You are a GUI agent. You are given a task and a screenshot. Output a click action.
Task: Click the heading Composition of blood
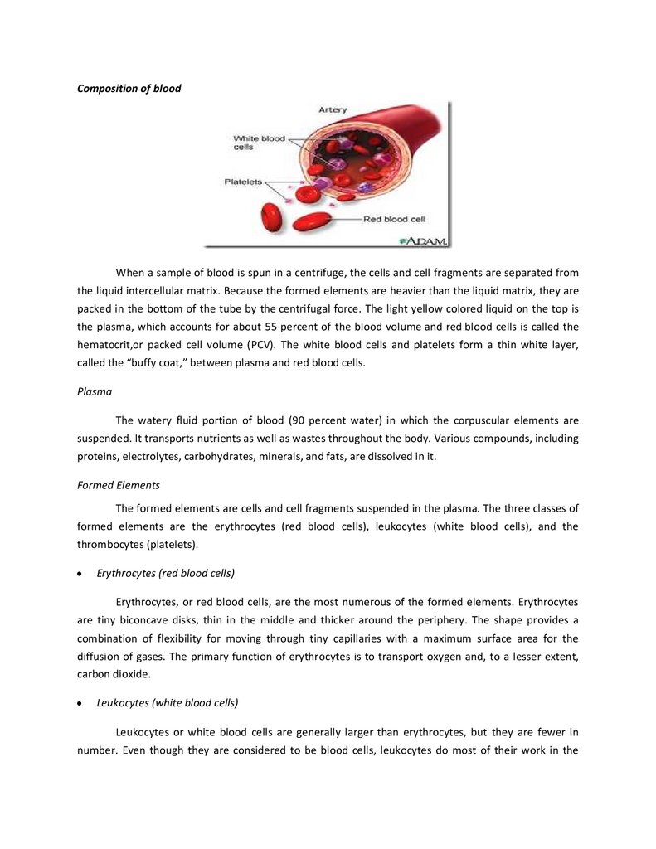click(129, 89)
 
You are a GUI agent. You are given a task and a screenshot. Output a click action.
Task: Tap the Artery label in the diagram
click(333, 109)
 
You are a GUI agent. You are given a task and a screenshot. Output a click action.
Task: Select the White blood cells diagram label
click(258, 143)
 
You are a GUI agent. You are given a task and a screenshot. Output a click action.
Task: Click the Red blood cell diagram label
click(395, 220)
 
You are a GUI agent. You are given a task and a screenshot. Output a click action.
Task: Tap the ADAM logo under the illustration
click(424, 240)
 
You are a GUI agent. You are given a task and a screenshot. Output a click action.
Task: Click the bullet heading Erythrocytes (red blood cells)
click(166, 573)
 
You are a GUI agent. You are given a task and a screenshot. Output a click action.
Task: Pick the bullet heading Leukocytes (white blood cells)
click(168, 702)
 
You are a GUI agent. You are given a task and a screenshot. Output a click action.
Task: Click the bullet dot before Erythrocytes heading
click(80, 574)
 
